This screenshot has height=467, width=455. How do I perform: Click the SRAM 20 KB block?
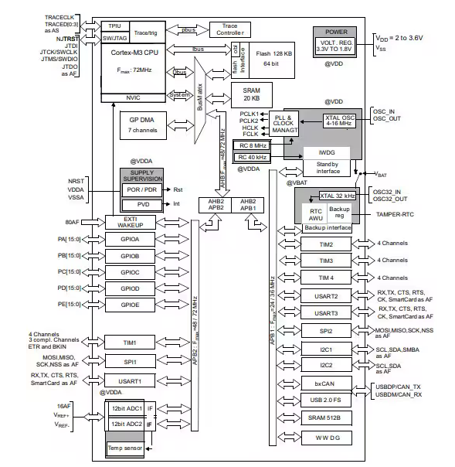(252, 94)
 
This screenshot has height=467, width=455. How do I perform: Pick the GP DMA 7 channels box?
(140, 124)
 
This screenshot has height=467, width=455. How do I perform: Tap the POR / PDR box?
(140, 190)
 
